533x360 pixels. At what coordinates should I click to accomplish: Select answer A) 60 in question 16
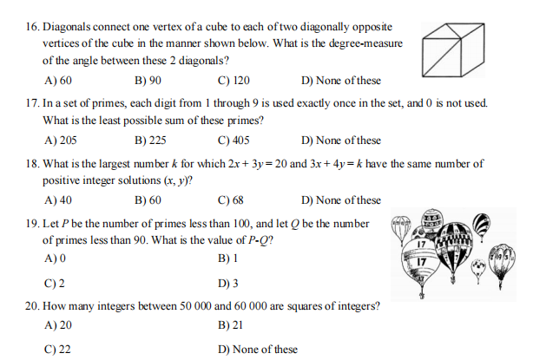(57, 81)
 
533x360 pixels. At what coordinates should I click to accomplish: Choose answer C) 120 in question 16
(234, 81)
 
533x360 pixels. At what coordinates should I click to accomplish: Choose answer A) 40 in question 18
(57, 200)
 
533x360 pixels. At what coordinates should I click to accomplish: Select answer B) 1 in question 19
(229, 259)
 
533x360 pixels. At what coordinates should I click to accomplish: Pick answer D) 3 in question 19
(229, 284)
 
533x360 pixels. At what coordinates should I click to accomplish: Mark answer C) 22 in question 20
(57, 350)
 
